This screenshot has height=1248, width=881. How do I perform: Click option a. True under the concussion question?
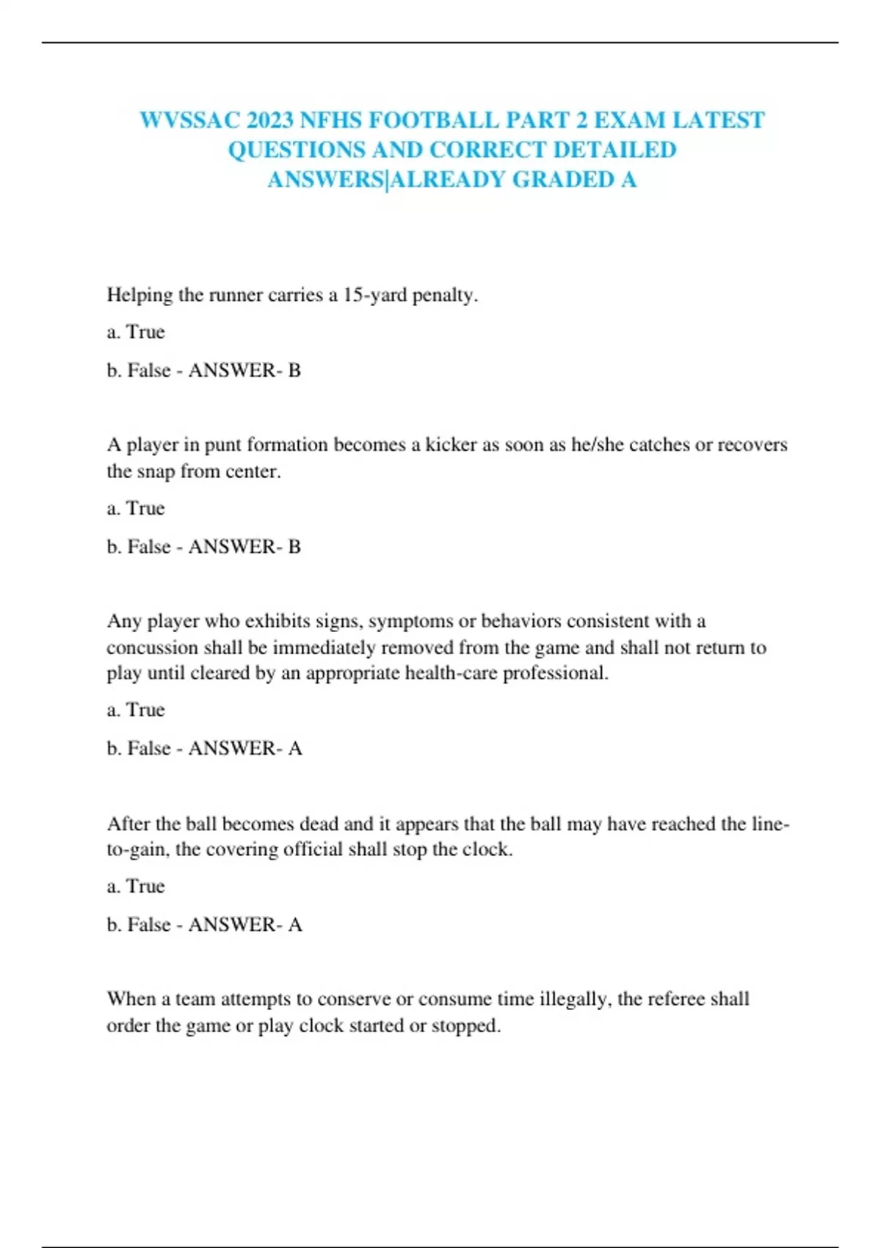136,710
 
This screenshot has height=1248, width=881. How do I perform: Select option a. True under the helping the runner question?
136,332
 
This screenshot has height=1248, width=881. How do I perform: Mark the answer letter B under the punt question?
294,547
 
